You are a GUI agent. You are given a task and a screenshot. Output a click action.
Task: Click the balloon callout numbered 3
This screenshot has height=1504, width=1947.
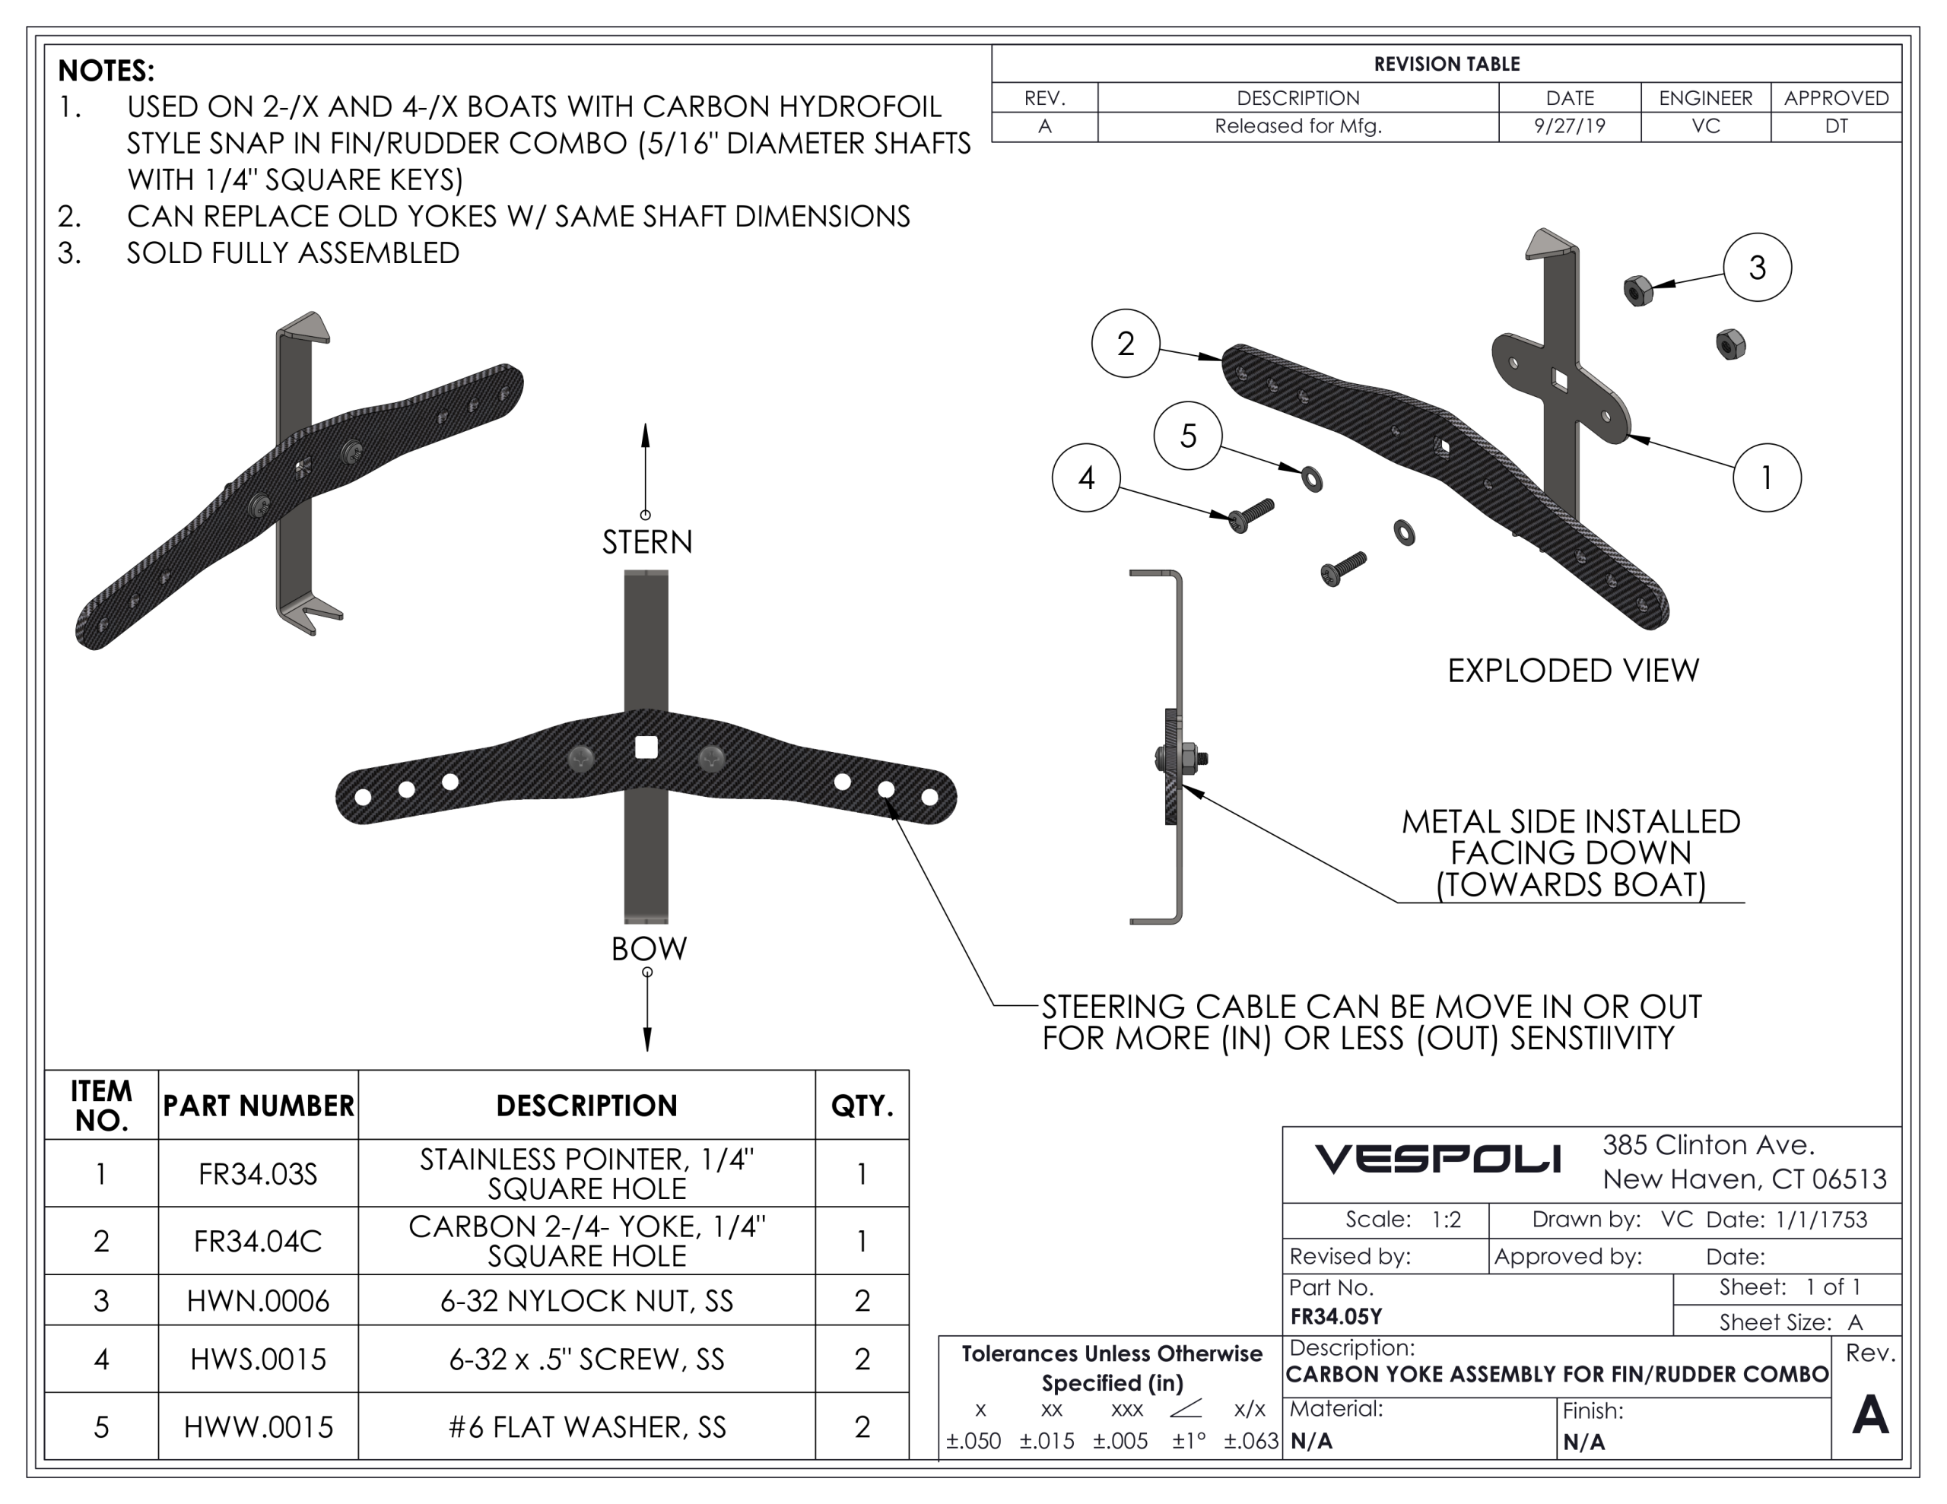(x=1757, y=268)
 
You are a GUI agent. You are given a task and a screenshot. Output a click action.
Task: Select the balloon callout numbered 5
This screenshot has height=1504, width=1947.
(x=1187, y=436)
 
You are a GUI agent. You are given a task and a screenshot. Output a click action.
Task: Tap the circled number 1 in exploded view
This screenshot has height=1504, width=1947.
(x=1766, y=478)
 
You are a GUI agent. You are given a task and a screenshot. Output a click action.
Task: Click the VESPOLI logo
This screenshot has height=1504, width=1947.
(x=1437, y=1159)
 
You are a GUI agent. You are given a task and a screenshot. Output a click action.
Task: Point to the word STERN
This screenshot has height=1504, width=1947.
(x=647, y=542)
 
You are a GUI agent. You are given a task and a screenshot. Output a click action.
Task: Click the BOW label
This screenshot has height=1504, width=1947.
(x=649, y=949)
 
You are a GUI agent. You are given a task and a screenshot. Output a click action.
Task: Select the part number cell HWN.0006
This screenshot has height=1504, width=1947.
(x=258, y=1301)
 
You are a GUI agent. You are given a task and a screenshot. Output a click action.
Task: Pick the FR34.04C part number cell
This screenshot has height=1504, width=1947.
(x=258, y=1241)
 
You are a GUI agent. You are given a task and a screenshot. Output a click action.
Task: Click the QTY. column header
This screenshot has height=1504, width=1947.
(x=862, y=1106)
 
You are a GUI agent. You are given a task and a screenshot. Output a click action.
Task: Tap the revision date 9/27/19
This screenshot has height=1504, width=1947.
(x=1569, y=125)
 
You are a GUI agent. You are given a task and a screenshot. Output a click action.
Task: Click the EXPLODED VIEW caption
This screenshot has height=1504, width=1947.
(x=1574, y=671)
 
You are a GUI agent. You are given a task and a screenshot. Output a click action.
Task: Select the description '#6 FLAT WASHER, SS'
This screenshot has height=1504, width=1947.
(x=586, y=1426)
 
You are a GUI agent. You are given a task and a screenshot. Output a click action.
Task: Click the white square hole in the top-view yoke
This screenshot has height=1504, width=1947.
(x=646, y=747)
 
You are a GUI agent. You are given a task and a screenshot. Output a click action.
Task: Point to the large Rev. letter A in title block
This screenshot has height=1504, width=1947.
(x=1869, y=1415)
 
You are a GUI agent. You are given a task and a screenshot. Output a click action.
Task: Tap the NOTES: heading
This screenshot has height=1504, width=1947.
(x=106, y=71)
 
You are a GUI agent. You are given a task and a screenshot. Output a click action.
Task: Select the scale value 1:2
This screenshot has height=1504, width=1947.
(x=1446, y=1220)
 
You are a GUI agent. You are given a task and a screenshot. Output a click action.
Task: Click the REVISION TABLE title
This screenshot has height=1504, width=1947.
(x=1446, y=64)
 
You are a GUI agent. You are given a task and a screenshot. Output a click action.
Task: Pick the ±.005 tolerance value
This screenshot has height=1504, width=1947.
(x=1120, y=1441)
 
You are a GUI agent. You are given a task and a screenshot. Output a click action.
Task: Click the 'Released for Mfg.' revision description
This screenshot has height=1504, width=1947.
(x=1298, y=125)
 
